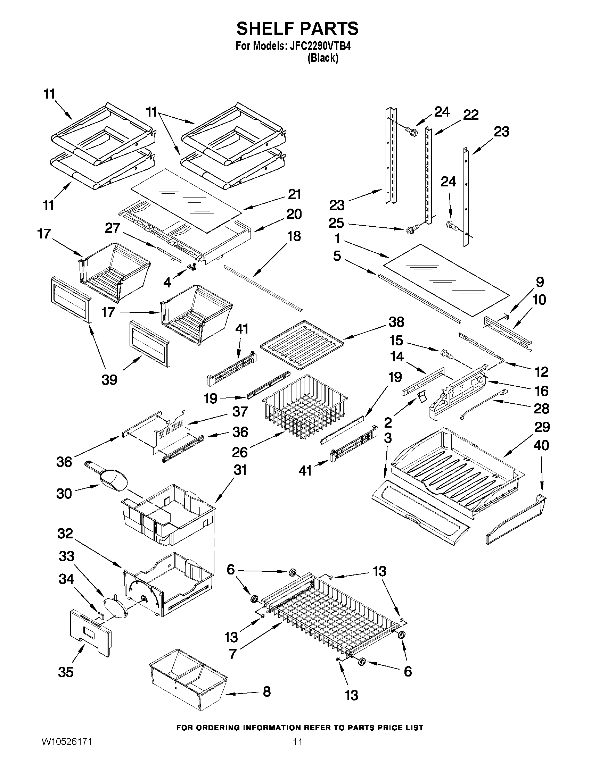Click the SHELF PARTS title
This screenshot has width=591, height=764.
(297, 28)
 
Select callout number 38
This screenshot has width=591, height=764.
(396, 322)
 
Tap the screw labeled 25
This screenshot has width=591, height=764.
(410, 230)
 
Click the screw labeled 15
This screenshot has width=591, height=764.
(447, 354)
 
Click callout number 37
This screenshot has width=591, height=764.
(240, 411)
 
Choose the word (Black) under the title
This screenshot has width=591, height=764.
(322, 58)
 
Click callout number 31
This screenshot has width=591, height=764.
(240, 470)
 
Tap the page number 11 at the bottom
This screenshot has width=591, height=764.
(297, 751)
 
